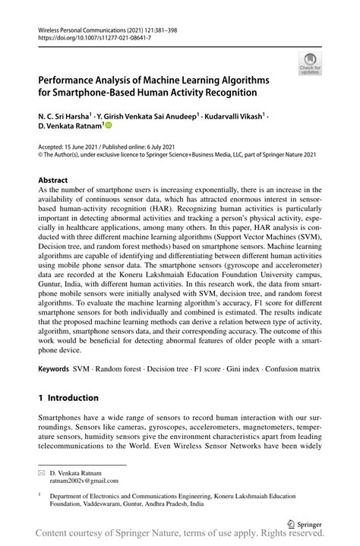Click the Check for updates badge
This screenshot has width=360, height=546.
coord(310,64)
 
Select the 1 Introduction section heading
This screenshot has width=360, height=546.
coord(68,397)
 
